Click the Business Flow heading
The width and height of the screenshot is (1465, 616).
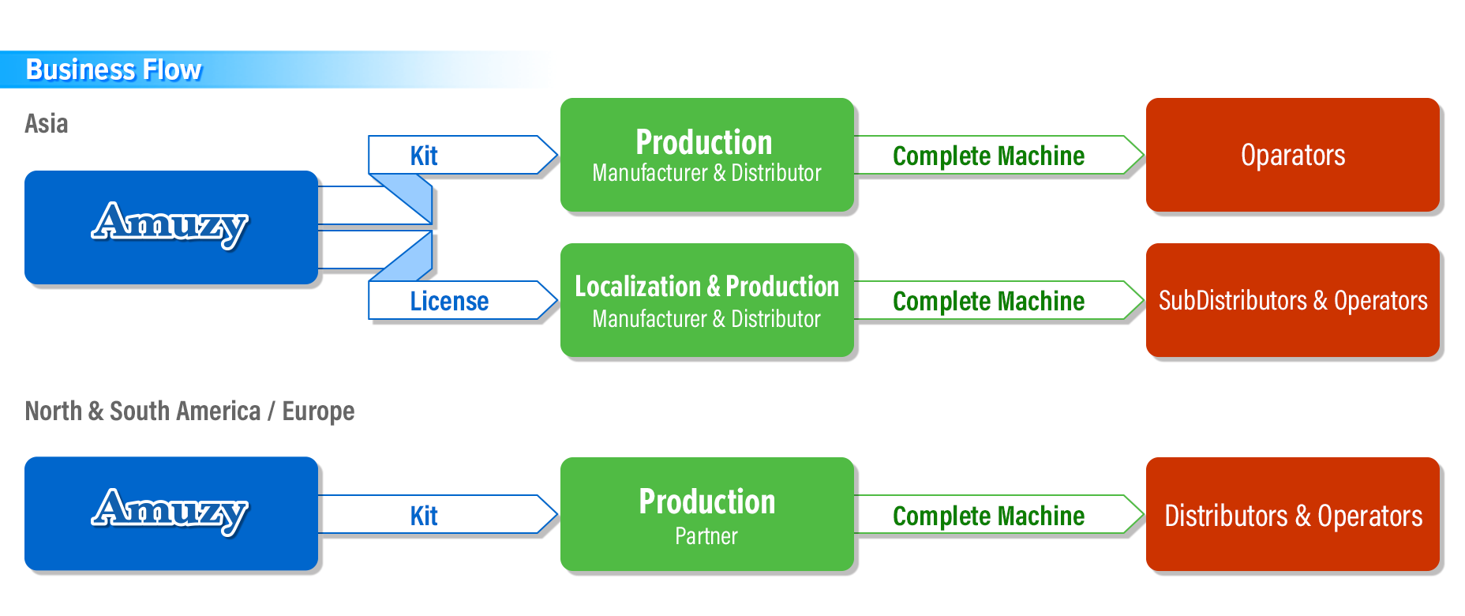pyautogui.click(x=114, y=70)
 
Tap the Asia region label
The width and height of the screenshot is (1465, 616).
pyautogui.click(x=47, y=124)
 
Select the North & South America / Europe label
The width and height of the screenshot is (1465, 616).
pyautogui.click(x=189, y=411)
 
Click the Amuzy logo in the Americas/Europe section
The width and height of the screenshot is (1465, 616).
pyautogui.click(x=170, y=512)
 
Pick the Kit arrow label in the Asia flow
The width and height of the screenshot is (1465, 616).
pyautogui.click(x=424, y=156)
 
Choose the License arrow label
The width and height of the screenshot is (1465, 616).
pyautogui.click(x=449, y=302)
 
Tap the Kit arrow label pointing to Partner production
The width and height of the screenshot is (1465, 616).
pyautogui.click(x=424, y=516)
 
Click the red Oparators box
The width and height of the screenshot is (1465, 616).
pyautogui.click(x=1293, y=155)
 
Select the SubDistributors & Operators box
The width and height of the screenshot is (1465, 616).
pyautogui.click(x=1293, y=300)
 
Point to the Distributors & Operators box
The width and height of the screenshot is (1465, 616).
pyautogui.click(x=1293, y=514)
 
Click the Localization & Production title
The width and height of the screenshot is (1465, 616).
pyautogui.click(x=707, y=287)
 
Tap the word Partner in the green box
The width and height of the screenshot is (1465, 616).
pyautogui.click(x=706, y=536)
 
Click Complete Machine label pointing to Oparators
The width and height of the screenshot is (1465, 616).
pyautogui.click(x=989, y=156)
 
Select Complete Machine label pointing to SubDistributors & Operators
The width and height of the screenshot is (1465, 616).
pyautogui.click(x=989, y=302)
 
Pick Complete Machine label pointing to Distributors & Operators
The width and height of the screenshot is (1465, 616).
pyautogui.click(x=989, y=516)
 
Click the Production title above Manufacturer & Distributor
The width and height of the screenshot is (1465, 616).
pyautogui.click(x=704, y=143)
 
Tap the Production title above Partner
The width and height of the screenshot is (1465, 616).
pyautogui.click(x=707, y=502)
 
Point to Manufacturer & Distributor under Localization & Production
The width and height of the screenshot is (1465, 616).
pyautogui.click(x=706, y=319)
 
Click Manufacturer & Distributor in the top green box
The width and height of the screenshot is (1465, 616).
pyautogui.click(x=706, y=173)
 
